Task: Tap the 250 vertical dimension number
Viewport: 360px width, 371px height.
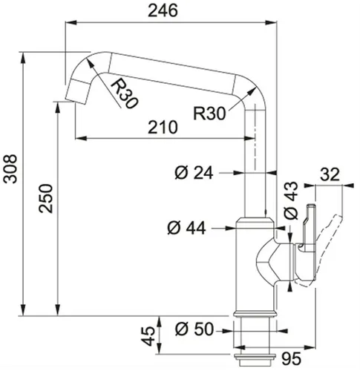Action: click(x=45, y=216)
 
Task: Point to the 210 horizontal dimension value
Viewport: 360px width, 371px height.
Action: click(x=162, y=127)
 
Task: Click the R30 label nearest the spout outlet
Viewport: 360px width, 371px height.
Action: click(x=125, y=92)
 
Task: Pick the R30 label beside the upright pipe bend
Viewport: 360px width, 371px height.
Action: click(x=209, y=114)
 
